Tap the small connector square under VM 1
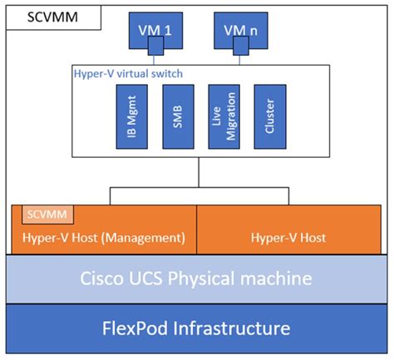coord(155,54)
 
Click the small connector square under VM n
coord(241,54)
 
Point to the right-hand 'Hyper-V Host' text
coord(288,238)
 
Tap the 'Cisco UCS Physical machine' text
coord(196,279)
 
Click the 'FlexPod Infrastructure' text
coord(196,328)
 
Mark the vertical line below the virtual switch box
coord(197,174)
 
